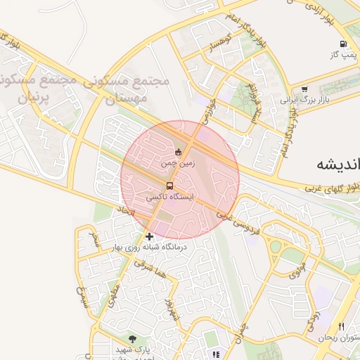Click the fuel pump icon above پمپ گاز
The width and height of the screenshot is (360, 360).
pyautogui.click(x=342, y=44)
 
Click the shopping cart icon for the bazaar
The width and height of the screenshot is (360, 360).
pyautogui.click(x=304, y=89)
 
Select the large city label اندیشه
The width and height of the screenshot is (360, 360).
pyautogui.click(x=335, y=164)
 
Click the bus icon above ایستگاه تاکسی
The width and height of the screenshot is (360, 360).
pyautogui.click(x=169, y=186)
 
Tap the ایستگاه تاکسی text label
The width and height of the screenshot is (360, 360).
pyautogui.click(x=168, y=198)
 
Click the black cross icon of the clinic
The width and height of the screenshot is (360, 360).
pyautogui.click(x=149, y=236)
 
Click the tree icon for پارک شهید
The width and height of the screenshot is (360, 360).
pyautogui.click(x=133, y=339)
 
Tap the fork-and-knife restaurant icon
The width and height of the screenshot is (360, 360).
pyautogui.click(x=342, y=327)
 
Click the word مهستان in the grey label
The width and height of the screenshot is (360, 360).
pyautogui.click(x=129, y=99)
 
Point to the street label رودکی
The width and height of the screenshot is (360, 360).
pyautogui.click(x=313, y=321)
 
